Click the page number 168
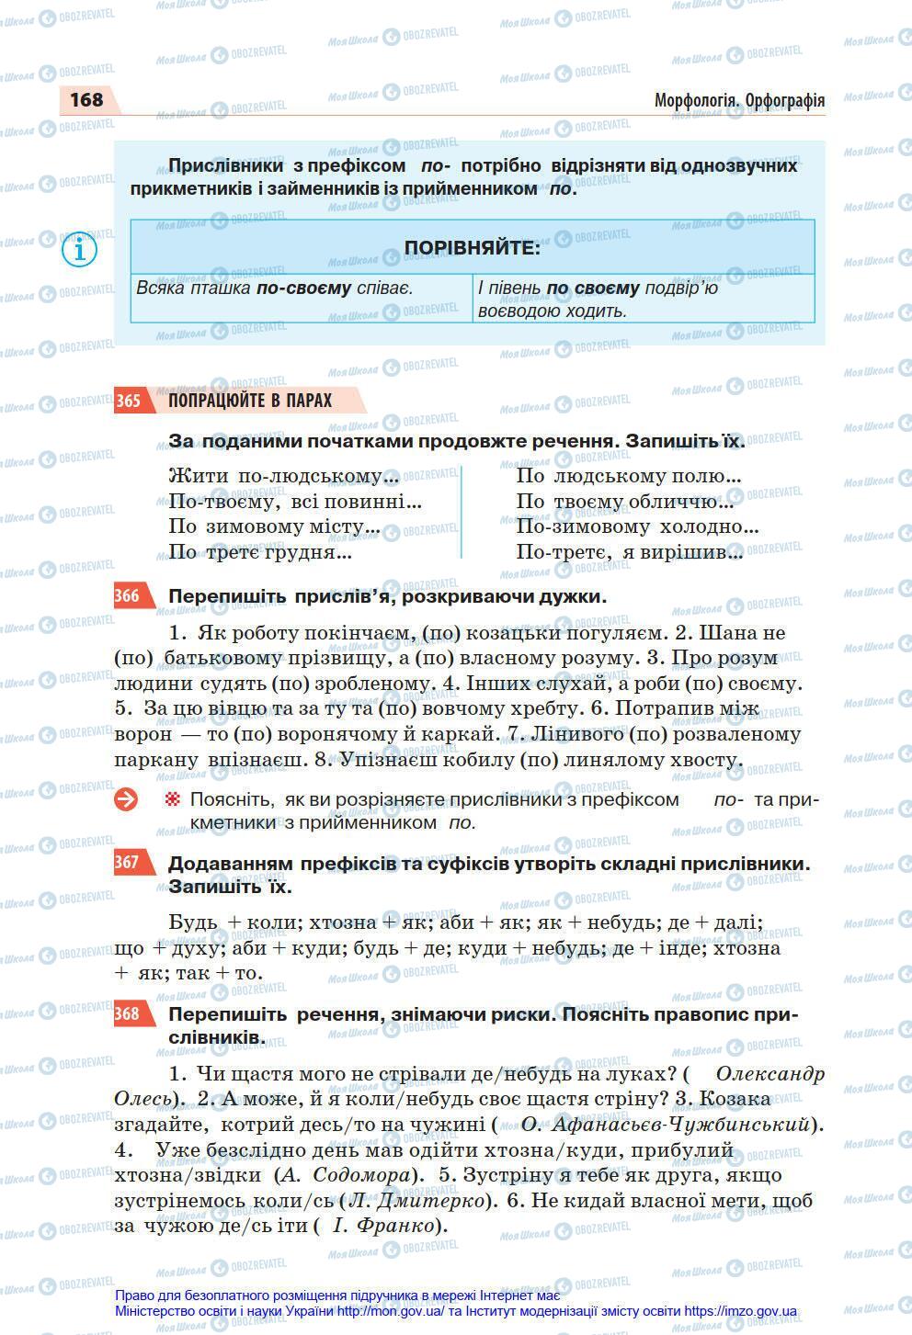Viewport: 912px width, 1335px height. pyautogui.click(x=86, y=99)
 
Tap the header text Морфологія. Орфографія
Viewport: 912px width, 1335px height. pyautogui.click(x=739, y=100)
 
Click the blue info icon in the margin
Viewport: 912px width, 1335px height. pyautogui.click(x=80, y=249)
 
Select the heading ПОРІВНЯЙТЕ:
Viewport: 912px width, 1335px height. pyautogui.click(x=472, y=248)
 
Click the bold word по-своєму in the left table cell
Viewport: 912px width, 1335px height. pyautogui.click(x=303, y=288)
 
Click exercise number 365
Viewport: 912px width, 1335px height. pyautogui.click(x=128, y=401)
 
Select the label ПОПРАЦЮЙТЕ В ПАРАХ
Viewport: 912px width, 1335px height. pyautogui.click(x=250, y=401)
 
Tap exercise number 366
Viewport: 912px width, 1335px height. pyautogui.click(x=128, y=596)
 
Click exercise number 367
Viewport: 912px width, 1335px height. pyautogui.click(x=128, y=863)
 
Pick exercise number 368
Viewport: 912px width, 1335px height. pyautogui.click(x=128, y=1014)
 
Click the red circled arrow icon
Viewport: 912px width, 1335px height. pyautogui.click(x=126, y=799)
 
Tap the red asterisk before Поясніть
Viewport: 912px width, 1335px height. pyautogui.click(x=172, y=799)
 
